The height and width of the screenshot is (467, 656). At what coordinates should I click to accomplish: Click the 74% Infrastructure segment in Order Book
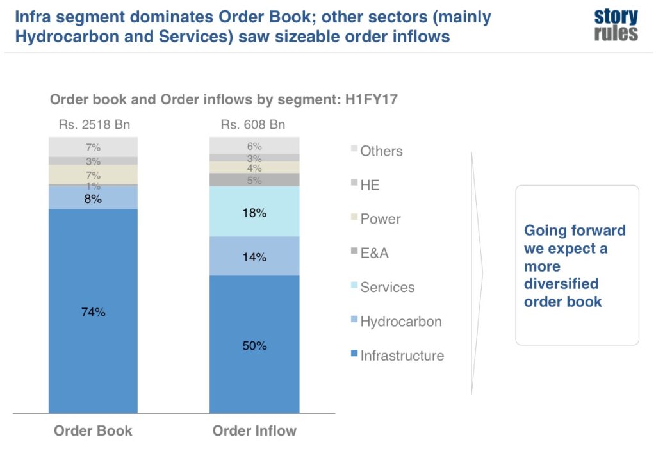[93, 311]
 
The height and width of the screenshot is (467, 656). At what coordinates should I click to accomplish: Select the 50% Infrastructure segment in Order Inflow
[254, 345]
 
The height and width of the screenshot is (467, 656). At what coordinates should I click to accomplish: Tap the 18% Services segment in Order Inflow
[254, 212]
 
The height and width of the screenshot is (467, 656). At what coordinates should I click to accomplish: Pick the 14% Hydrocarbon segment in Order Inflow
[254, 256]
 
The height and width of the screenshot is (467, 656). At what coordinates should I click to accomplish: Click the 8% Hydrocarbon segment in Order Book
[93, 198]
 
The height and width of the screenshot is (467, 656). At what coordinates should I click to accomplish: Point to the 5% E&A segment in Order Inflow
[254, 180]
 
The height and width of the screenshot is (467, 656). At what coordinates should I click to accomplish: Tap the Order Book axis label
[93, 430]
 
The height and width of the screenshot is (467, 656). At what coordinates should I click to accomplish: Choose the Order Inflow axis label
[254, 430]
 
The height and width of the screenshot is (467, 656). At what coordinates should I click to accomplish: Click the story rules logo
[616, 25]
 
